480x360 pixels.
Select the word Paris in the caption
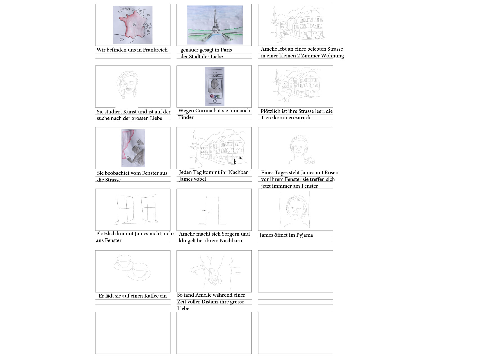point(226,50)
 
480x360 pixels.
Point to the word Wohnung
point(332,56)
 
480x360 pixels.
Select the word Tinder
point(186,117)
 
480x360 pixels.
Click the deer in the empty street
point(287,98)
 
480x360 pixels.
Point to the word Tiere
point(267,118)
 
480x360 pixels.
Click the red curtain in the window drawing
point(126,146)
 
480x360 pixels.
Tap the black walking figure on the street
point(235,162)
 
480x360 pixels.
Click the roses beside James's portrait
point(309,161)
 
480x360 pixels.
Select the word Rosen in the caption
point(331,173)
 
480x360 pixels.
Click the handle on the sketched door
point(204,211)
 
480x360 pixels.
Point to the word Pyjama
point(305,235)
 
